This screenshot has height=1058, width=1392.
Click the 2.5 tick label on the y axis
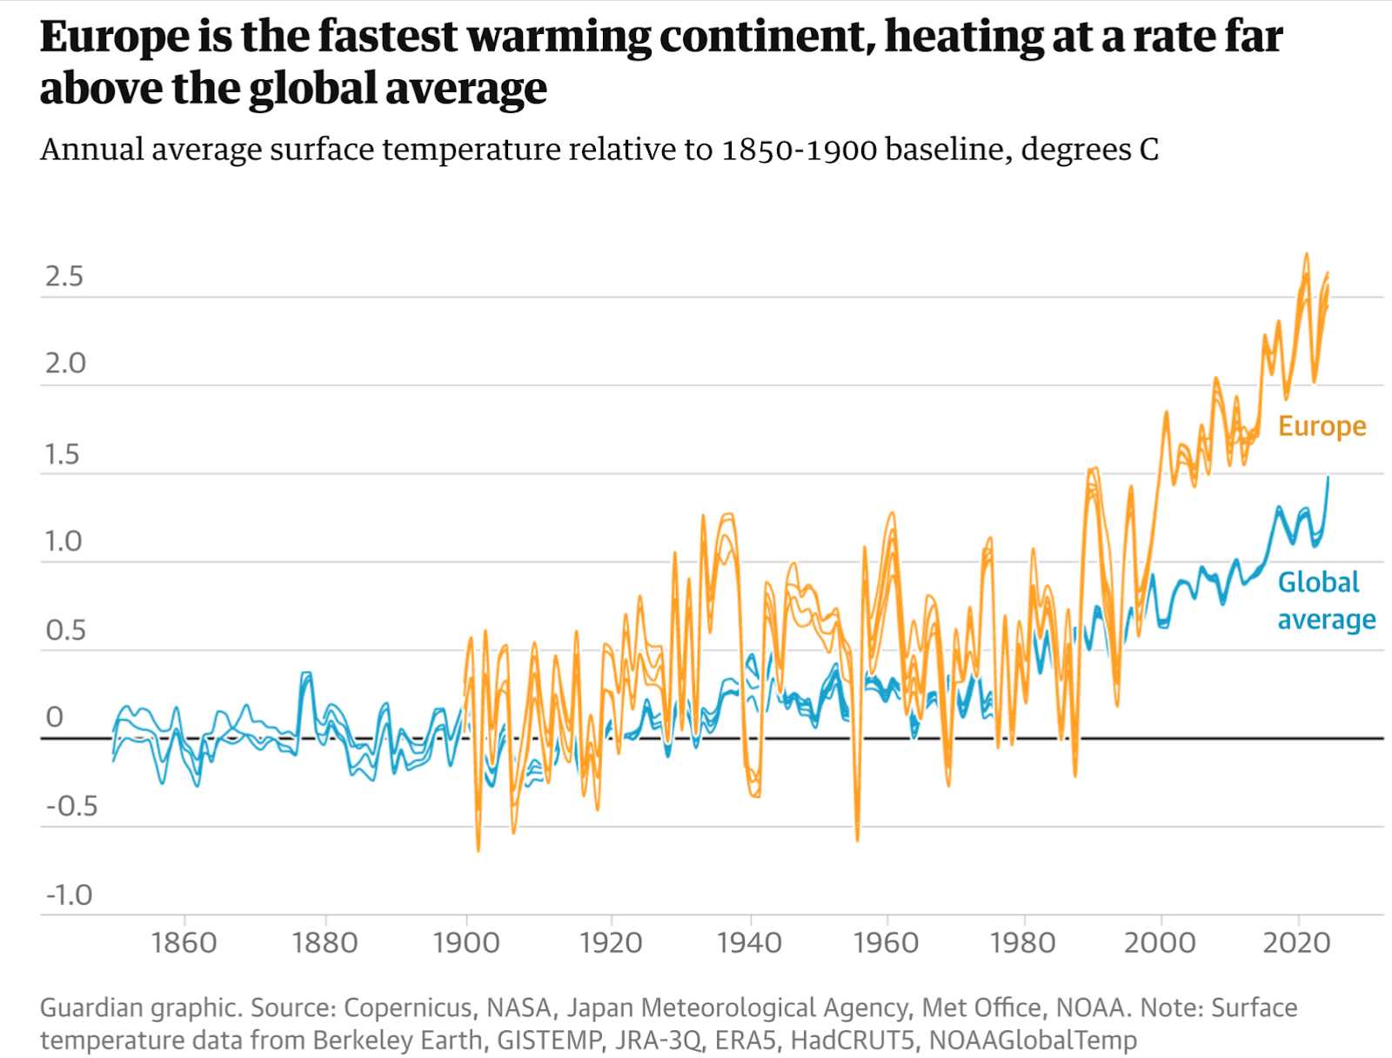tap(64, 276)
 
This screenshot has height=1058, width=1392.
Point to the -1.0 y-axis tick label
tap(69, 894)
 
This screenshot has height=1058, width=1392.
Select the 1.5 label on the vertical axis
tap(62, 454)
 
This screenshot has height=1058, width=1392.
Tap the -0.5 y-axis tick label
tap(71, 806)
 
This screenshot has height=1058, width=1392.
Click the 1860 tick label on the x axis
tap(184, 942)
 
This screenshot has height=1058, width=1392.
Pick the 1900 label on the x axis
tap(466, 942)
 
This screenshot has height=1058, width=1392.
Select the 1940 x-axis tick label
tap(749, 942)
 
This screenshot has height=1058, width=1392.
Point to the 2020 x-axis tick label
tap(1296, 942)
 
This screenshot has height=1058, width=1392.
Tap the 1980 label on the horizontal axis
tap(1023, 942)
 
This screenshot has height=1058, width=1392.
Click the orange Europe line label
tap(1322, 426)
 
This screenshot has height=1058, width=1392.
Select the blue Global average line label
tap(1326, 600)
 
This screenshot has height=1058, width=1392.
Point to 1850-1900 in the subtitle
tap(799, 150)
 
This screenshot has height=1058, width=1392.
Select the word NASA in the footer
tap(519, 1008)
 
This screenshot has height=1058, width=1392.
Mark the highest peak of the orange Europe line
tap(1306, 254)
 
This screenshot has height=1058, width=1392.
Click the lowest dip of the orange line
tap(478, 850)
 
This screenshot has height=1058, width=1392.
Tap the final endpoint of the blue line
tap(1328, 477)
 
